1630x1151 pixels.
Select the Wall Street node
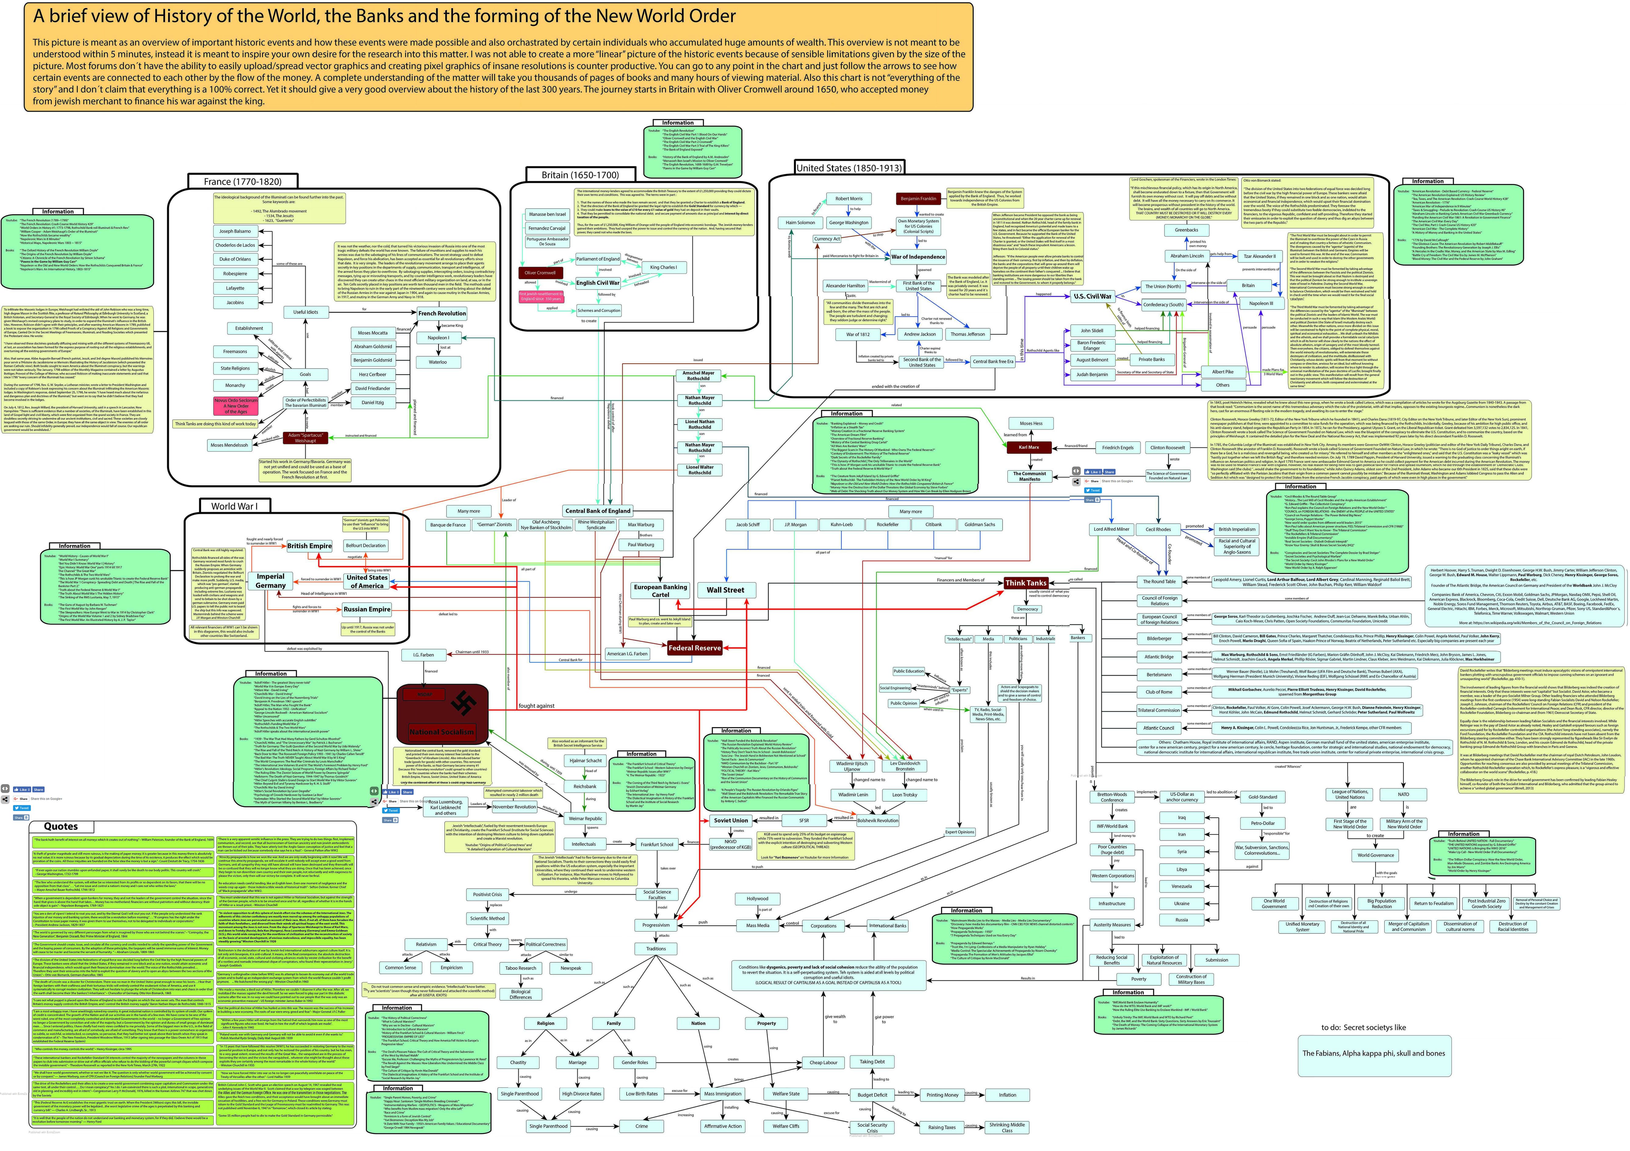(x=725, y=590)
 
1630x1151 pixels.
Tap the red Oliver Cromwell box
(x=540, y=273)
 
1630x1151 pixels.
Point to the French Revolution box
(x=442, y=313)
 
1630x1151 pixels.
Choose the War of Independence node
(x=918, y=257)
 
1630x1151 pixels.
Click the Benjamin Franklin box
(x=918, y=199)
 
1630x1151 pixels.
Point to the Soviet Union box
(x=731, y=820)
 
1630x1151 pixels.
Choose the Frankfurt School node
(x=657, y=844)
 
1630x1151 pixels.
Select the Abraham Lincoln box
(x=1187, y=256)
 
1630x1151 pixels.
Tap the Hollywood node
(x=757, y=898)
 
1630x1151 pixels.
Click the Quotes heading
(x=61, y=827)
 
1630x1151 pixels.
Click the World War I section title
(x=234, y=506)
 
